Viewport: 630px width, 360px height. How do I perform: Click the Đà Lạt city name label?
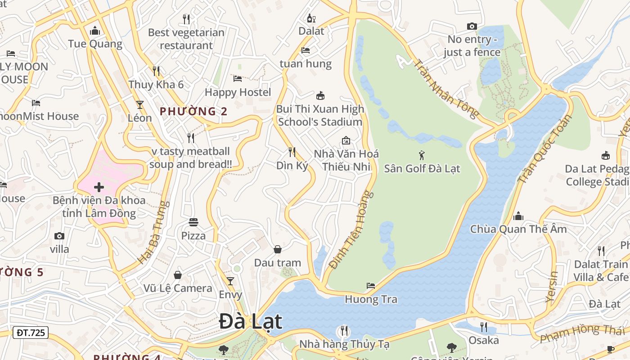tap(251, 321)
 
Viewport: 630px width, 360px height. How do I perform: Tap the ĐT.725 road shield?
tap(31, 333)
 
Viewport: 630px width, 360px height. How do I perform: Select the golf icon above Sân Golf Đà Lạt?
tap(422, 156)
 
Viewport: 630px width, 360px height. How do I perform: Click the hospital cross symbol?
tap(99, 187)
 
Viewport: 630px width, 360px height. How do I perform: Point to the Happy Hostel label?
tap(238, 92)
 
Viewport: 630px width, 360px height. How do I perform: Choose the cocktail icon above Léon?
tap(140, 105)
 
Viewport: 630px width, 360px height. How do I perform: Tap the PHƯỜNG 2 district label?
tap(193, 111)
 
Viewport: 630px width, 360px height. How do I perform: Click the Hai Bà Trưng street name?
tap(152, 233)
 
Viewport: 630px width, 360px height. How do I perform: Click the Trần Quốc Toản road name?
tap(545, 148)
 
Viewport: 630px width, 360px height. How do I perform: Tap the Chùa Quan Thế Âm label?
tap(518, 229)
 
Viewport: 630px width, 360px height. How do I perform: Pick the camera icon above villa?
tap(59, 236)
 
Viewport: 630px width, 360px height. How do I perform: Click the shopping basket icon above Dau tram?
tap(278, 249)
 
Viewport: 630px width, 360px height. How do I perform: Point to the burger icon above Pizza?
tap(193, 222)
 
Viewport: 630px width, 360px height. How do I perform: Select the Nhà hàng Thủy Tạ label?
tap(344, 344)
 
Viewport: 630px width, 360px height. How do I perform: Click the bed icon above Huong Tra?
tap(371, 285)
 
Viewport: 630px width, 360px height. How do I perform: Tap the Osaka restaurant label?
tap(484, 340)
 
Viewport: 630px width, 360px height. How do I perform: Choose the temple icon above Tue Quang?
tap(95, 31)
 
